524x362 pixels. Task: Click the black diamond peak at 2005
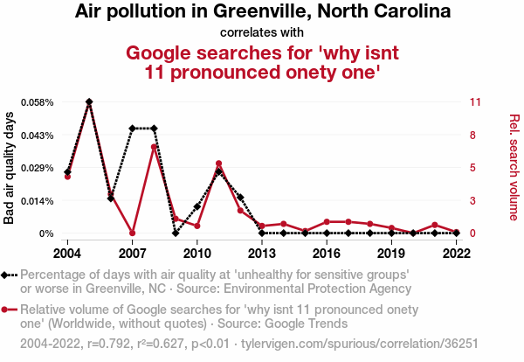[89, 102]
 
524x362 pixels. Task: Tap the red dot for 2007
[132, 233]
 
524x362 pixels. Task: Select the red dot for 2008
[154, 147]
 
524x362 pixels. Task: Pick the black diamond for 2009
[176, 233]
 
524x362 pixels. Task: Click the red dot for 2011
[218, 164]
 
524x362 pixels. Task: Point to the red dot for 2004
[67, 177]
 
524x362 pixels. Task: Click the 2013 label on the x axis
[262, 253]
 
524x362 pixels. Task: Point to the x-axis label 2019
[392, 253]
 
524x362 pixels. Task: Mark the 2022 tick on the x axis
[457, 253]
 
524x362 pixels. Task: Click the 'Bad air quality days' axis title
[10, 168]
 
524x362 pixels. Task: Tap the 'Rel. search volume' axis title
[514, 168]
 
